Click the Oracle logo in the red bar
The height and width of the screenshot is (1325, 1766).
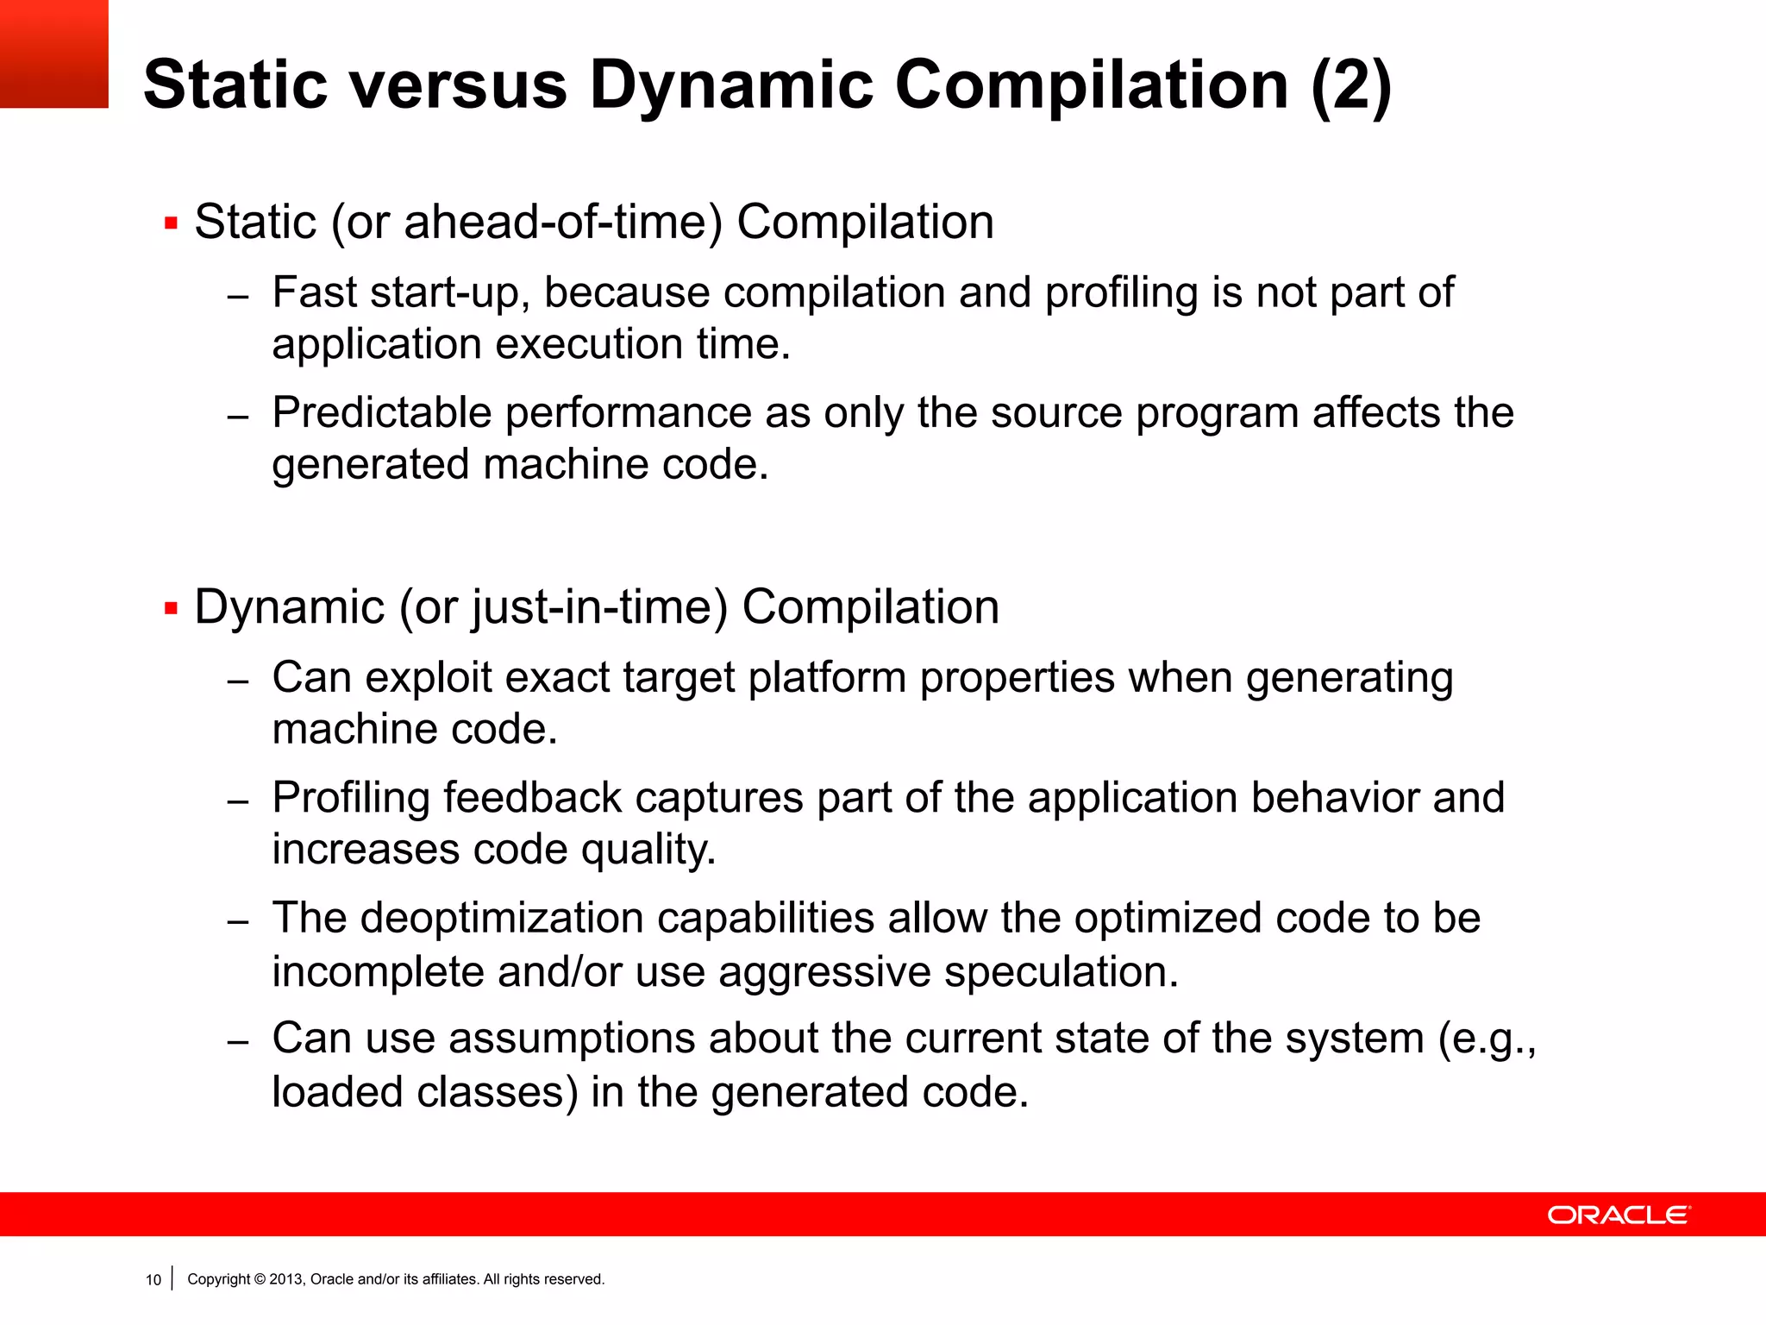(x=1619, y=1215)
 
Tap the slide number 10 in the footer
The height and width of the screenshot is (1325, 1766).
(x=153, y=1280)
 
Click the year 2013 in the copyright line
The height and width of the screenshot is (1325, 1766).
(x=286, y=1279)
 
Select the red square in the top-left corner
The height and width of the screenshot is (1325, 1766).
(x=53, y=53)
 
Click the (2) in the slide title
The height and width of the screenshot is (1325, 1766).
(x=1350, y=86)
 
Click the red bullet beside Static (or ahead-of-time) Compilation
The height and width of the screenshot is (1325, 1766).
(x=171, y=224)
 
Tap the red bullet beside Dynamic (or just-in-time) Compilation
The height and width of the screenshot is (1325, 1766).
(x=171, y=609)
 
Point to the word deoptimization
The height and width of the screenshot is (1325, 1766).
(x=502, y=918)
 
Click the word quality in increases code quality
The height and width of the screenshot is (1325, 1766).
(x=648, y=850)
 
